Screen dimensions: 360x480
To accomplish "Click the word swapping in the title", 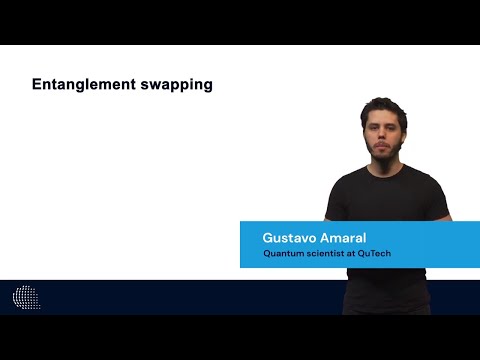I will pos(180,86).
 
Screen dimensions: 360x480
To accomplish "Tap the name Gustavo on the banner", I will pos(291,237).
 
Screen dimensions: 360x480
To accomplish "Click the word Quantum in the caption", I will pos(285,253).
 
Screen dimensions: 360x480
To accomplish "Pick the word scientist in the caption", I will pos(329,253).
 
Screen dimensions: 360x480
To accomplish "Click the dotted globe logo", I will pos(27,296).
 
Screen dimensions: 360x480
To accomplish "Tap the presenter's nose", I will pos(383,138).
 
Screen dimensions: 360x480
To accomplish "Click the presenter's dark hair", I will pos(385,108).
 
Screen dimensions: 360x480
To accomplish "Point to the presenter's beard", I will pos(384,155).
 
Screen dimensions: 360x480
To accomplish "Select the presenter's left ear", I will pos(406,136).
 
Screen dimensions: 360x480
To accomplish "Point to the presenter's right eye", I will pos(375,129).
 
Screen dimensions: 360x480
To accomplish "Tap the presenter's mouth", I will pos(384,148).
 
